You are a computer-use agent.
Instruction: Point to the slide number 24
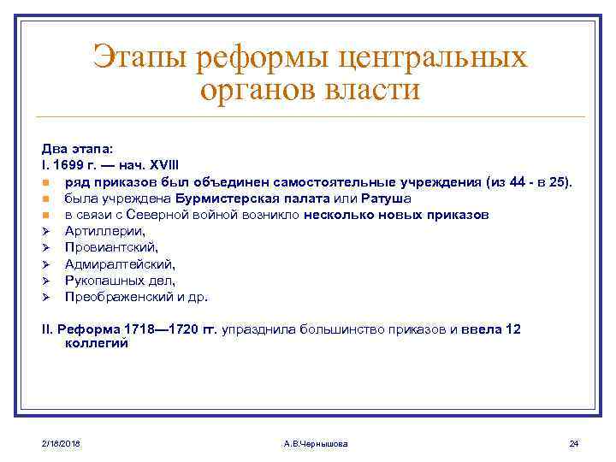[574, 442]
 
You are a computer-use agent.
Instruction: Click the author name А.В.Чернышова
[315, 442]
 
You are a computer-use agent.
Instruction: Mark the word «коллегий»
[96, 343]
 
